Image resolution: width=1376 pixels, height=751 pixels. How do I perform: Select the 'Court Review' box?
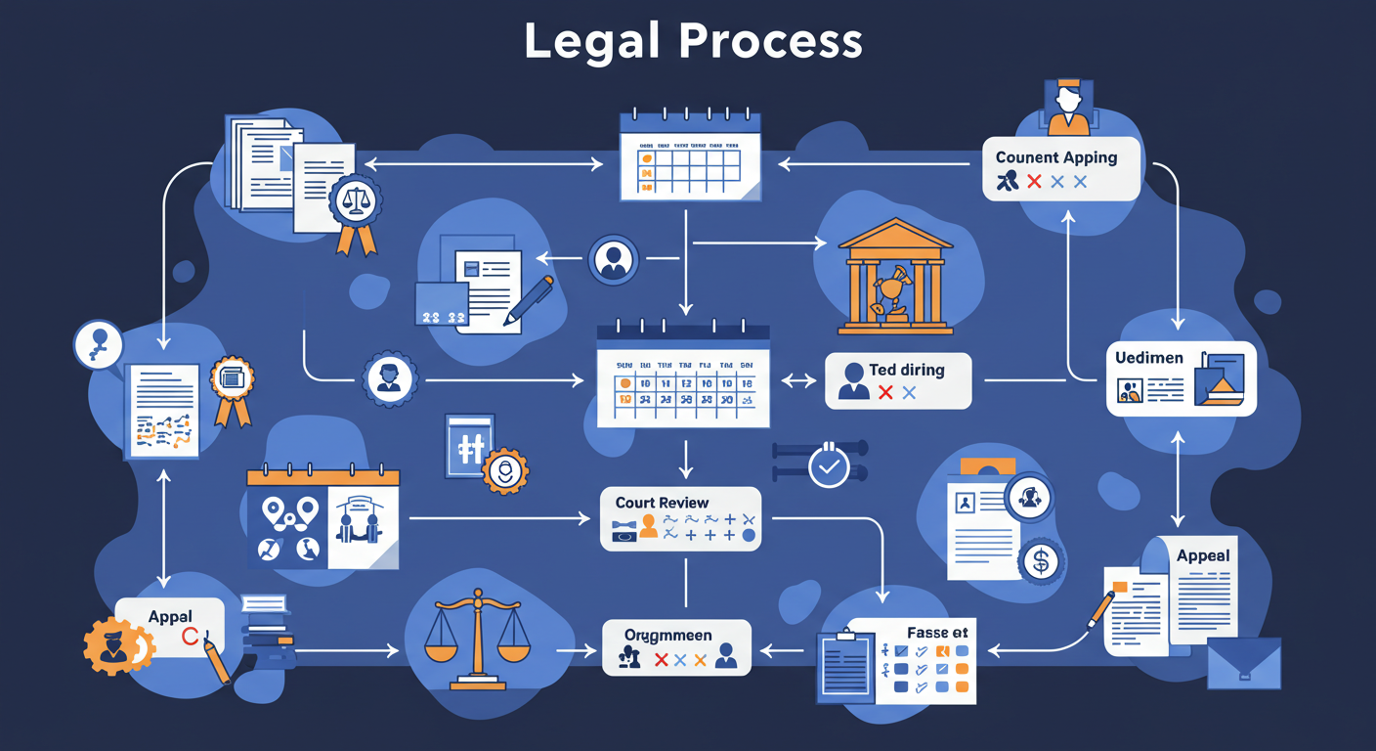coord(680,518)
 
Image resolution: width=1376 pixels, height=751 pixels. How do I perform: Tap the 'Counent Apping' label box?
coord(1061,168)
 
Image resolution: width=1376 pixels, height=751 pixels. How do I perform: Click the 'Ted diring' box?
coord(898,380)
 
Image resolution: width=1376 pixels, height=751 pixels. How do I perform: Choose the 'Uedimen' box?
coord(1181,377)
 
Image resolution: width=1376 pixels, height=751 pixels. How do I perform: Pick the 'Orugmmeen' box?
coord(675,647)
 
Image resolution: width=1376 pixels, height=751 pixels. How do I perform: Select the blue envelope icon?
coord(1243,664)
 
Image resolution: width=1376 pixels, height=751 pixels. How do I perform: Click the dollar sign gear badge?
coord(1040,561)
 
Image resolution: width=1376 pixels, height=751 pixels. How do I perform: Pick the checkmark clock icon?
coord(829,465)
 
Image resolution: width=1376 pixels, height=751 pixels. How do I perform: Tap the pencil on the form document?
coord(528,300)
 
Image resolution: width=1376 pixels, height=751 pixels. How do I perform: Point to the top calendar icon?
coord(690,156)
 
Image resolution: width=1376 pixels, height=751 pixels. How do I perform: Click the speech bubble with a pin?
coord(99,344)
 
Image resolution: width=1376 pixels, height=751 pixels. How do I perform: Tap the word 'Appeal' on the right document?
coord(1203,555)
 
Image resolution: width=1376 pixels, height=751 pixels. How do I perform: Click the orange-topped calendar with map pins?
coord(322,518)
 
